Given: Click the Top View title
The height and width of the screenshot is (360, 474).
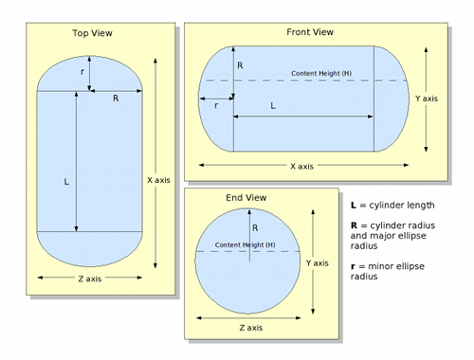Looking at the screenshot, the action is click(92, 33).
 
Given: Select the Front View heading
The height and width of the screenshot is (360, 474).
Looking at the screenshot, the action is click(310, 32).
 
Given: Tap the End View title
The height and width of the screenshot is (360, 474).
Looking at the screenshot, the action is click(246, 198).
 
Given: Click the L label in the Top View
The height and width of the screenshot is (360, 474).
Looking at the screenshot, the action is click(66, 182).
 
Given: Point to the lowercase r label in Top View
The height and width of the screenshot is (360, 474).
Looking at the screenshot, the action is click(82, 72).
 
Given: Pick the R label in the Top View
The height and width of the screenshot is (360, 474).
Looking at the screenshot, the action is click(116, 99).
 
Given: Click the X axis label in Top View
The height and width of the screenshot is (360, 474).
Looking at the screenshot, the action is click(158, 180).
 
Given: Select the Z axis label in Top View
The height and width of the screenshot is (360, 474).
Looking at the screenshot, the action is click(90, 279).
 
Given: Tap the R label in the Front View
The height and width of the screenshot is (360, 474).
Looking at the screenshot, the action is click(240, 65).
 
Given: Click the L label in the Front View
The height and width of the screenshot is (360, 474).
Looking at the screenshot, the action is click(273, 106).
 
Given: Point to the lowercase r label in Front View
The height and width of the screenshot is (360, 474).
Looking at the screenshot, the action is click(216, 105).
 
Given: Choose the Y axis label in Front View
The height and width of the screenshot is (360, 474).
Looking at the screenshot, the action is click(427, 99).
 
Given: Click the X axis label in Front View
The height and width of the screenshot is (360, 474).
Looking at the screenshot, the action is click(301, 167).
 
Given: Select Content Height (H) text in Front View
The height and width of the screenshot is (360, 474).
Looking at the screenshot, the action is click(321, 73).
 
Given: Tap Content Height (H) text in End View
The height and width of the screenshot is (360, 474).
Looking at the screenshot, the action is click(246, 244).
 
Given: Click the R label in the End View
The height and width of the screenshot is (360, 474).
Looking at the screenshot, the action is click(255, 227).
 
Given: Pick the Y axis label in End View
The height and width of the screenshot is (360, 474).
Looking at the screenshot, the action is click(318, 263).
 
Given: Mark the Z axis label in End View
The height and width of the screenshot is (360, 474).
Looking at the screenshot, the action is click(251, 328).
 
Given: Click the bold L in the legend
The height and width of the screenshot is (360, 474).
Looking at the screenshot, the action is click(354, 206).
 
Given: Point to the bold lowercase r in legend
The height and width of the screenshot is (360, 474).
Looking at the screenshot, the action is click(353, 267).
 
